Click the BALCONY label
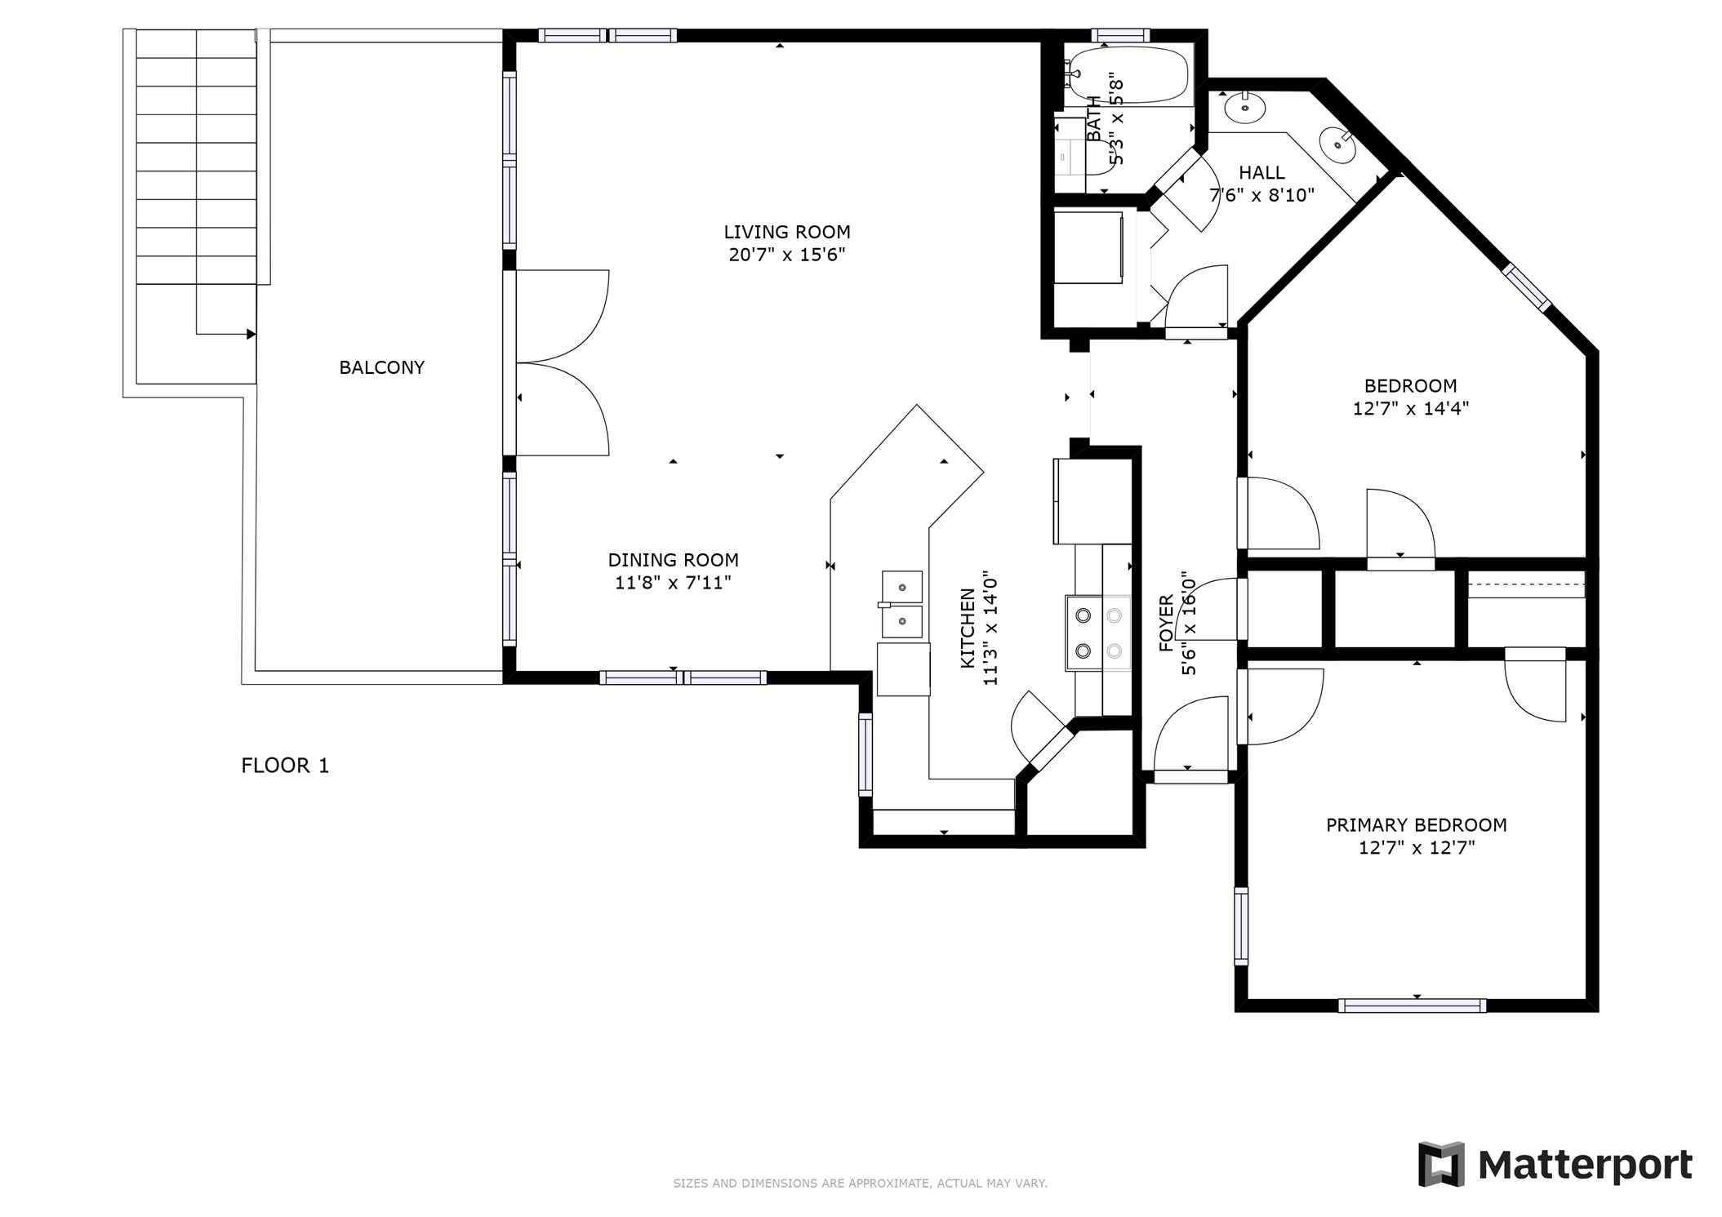[x=381, y=368]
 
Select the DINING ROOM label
[x=673, y=560]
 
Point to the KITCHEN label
[x=968, y=628]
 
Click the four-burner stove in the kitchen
[x=1098, y=633]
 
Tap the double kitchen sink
[x=901, y=605]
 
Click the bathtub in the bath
[x=1132, y=74]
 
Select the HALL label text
[x=1261, y=173]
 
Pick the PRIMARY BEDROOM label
[x=1416, y=825]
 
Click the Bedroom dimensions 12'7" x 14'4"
[x=1410, y=408]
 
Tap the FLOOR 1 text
[x=285, y=766]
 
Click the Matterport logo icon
[x=1441, y=1164]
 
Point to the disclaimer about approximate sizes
[x=860, y=1183]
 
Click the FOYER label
[x=1166, y=624]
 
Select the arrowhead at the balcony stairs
[x=251, y=334]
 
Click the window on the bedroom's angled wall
[x=1527, y=286]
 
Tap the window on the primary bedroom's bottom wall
[x=1412, y=1006]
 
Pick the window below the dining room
[x=683, y=677]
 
